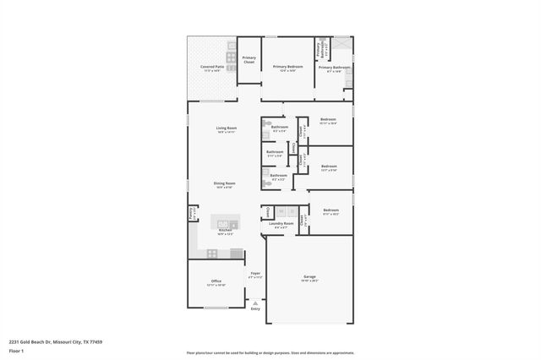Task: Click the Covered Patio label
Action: [x=212, y=66]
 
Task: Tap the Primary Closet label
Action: [x=249, y=60]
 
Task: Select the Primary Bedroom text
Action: [x=287, y=66]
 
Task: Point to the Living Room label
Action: [x=226, y=128]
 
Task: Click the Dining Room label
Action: [x=224, y=183]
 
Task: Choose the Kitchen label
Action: [x=226, y=231]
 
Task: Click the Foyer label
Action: [x=254, y=274]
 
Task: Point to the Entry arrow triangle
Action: [x=256, y=303]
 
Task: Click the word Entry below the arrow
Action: [x=256, y=309]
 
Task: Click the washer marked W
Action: [x=281, y=211]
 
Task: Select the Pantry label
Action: [x=192, y=212]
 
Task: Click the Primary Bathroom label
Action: [x=335, y=68]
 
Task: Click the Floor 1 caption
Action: [x=16, y=350]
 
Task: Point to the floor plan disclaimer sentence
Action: [x=270, y=352]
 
